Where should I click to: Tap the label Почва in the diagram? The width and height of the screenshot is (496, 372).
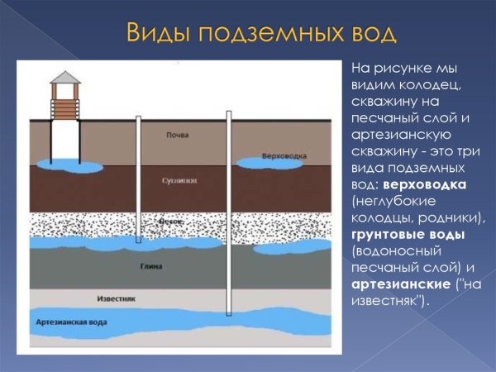coord(177,135)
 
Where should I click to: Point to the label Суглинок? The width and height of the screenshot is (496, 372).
coord(177,179)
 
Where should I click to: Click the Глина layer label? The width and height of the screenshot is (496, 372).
coord(173,267)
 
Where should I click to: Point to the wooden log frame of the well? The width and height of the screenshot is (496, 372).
coord(64,106)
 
